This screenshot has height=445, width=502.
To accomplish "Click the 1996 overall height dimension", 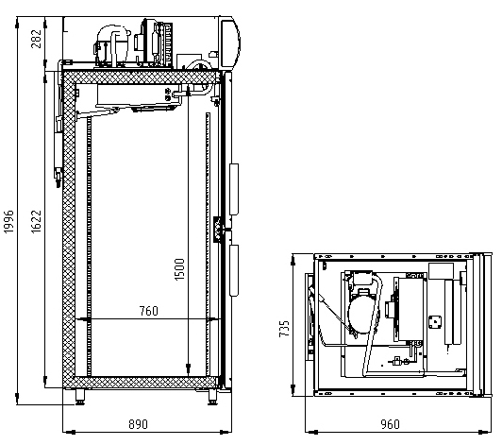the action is click(9, 221).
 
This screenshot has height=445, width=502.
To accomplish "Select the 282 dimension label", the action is click(36, 39).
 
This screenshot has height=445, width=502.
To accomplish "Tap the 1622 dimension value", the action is click(36, 221).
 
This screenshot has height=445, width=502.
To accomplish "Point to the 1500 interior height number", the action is click(179, 269).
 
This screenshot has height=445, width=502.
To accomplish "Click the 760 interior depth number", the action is click(149, 311).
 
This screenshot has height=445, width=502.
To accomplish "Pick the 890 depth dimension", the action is click(139, 424).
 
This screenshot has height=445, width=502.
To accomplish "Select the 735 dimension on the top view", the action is click(284, 328).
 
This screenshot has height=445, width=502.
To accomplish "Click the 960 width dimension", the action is click(391, 424).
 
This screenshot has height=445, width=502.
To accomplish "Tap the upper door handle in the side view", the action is click(234, 189).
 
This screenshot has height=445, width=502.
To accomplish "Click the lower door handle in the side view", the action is click(234, 270).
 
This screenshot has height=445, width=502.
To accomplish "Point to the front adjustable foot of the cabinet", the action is click(212, 397).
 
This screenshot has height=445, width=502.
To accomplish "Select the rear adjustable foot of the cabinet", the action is click(80, 397).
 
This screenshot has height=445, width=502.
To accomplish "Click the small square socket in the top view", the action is click(435, 322).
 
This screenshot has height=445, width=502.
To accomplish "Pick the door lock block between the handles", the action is click(218, 230).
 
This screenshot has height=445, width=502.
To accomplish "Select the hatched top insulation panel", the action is click(141, 77).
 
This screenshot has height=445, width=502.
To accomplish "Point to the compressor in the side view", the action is click(112, 45).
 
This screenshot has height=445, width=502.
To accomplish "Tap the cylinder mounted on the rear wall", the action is click(59, 150).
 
